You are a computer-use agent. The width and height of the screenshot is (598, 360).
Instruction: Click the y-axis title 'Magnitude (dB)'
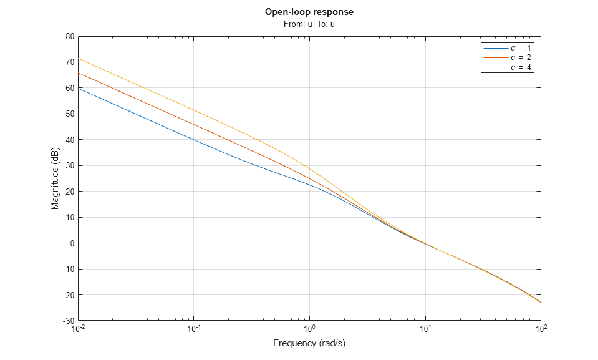55,178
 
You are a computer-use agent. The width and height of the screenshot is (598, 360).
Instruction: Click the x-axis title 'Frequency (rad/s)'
309,343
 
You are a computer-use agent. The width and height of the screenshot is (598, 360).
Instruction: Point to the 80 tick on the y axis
69,36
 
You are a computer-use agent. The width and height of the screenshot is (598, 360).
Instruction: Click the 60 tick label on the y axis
69,88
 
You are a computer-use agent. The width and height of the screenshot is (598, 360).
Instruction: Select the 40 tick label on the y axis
69,140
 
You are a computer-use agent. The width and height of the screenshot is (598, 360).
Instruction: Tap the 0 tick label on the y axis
72,243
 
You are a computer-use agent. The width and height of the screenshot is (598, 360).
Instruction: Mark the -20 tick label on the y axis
67,295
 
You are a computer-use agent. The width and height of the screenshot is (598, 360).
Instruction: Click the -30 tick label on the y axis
67,321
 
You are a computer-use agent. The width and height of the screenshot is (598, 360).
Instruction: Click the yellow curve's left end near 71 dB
80,59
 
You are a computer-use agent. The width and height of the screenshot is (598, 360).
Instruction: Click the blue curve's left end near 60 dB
80,88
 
